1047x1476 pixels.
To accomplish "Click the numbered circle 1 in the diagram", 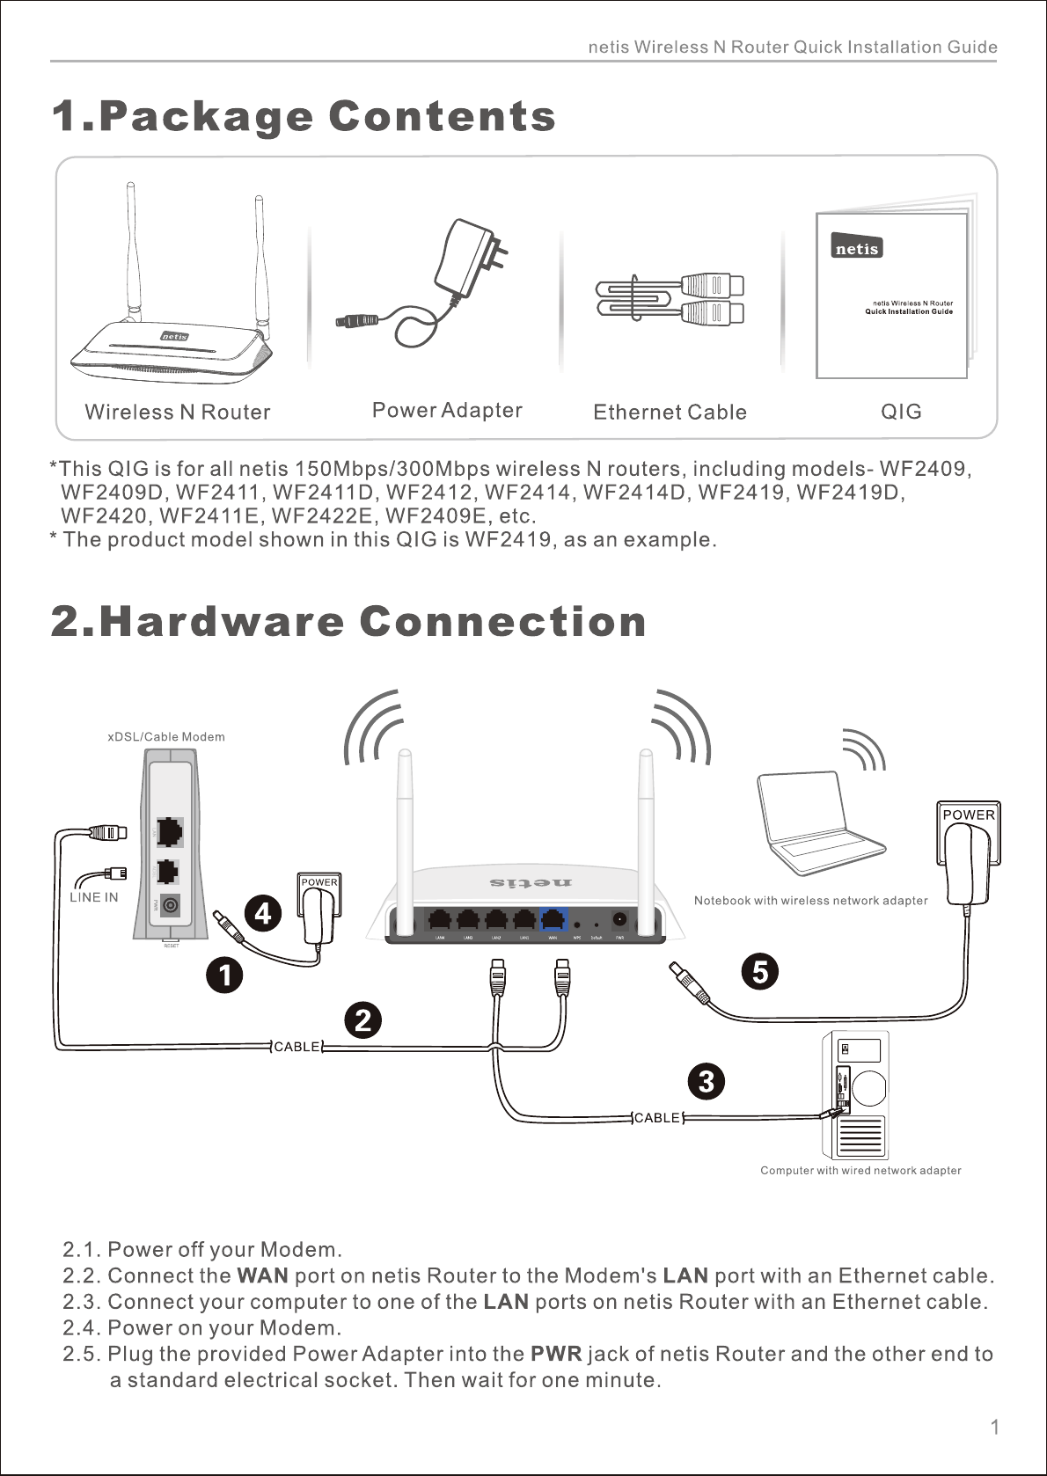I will [x=225, y=975].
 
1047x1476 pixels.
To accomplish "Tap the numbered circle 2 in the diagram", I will [x=362, y=1020].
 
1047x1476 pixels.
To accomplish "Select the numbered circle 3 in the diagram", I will [x=706, y=1081].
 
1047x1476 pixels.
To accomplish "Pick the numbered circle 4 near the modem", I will [x=262, y=914].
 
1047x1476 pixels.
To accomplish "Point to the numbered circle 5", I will [x=760, y=972].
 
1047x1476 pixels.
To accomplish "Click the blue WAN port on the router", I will [x=553, y=919].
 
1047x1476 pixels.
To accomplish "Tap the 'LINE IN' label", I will [x=93, y=897].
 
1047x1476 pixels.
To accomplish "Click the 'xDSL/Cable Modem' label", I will [x=166, y=737].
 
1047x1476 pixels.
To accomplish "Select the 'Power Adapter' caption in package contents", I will [x=447, y=411].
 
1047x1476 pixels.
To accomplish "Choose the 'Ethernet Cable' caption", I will [x=670, y=413].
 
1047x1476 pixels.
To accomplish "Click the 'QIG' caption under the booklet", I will [x=901, y=412].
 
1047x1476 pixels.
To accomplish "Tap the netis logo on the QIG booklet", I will [x=857, y=249].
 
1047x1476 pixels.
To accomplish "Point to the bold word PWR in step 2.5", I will [x=556, y=1354].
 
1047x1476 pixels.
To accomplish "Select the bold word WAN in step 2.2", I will [x=262, y=1275].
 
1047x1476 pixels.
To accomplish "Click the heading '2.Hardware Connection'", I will [x=348, y=622].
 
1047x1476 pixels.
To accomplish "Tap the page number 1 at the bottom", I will [x=995, y=1428].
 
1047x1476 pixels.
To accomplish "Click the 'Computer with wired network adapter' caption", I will [x=860, y=1171].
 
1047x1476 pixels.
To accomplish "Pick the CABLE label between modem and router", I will [x=297, y=1047].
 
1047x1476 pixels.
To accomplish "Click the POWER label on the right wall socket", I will [x=969, y=815].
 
